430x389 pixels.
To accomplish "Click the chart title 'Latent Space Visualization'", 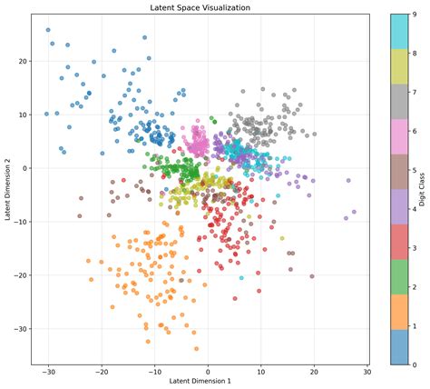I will point(207,7).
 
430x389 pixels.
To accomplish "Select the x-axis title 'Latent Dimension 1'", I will point(207,380).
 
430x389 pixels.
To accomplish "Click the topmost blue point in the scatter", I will point(48,30).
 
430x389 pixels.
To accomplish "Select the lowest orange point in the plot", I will point(196,348).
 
